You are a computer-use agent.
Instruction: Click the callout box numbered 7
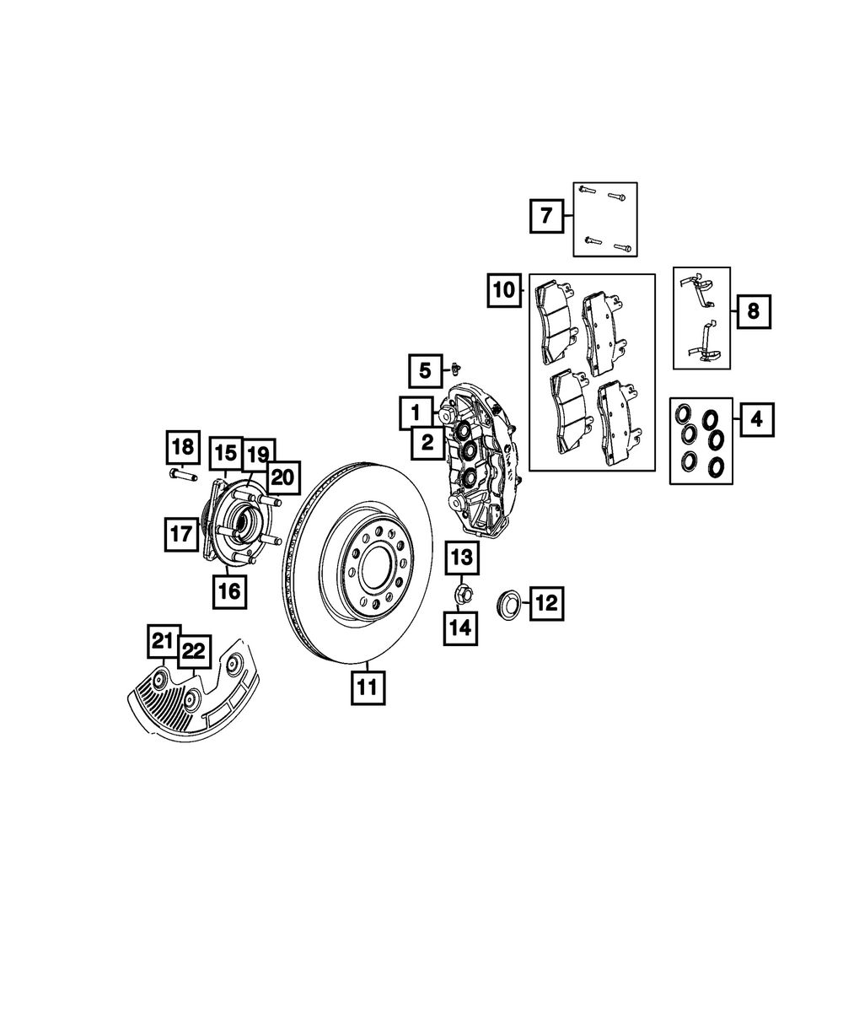click(x=546, y=216)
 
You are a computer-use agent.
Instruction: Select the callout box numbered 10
click(x=504, y=290)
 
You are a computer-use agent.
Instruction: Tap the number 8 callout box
click(x=754, y=311)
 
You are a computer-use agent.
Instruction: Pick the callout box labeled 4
click(x=757, y=419)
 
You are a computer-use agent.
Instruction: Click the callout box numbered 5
click(x=426, y=371)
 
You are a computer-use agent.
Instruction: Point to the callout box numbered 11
click(x=368, y=688)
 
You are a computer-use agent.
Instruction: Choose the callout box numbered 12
click(x=546, y=603)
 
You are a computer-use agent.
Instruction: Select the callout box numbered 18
click(x=183, y=447)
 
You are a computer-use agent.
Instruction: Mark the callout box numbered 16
click(x=229, y=592)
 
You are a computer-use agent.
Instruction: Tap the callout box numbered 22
click(x=194, y=652)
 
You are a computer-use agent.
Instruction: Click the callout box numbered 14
click(x=460, y=628)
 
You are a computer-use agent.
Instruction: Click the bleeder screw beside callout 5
click(x=457, y=367)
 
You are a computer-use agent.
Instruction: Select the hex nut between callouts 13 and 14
click(x=463, y=595)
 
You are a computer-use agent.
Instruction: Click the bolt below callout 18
click(x=183, y=475)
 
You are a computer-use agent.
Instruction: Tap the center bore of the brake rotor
click(x=376, y=566)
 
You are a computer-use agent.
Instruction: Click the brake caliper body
click(x=483, y=460)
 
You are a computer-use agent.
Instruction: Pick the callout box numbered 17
click(x=181, y=534)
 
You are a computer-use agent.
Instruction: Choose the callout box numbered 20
click(x=282, y=477)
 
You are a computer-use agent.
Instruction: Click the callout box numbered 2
click(x=428, y=443)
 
